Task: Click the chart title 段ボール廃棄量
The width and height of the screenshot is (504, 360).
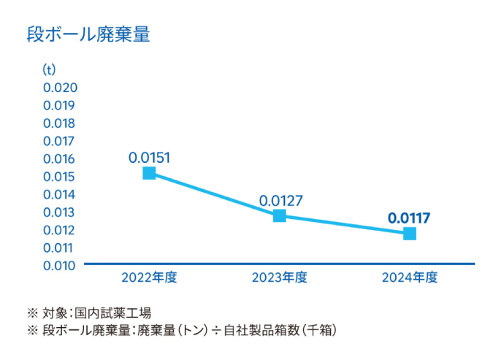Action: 88,34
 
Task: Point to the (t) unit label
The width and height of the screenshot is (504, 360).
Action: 49,70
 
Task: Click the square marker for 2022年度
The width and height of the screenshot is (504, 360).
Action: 149,173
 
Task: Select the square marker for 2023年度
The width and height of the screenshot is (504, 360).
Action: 280,215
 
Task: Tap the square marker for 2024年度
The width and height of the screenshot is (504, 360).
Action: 410,234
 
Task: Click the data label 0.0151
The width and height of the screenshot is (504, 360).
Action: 149,157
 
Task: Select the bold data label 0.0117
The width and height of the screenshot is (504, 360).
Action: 409,218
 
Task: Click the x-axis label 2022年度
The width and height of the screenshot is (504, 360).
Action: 149,277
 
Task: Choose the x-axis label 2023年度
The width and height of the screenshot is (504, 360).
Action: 280,277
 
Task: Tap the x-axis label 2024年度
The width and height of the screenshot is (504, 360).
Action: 410,277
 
